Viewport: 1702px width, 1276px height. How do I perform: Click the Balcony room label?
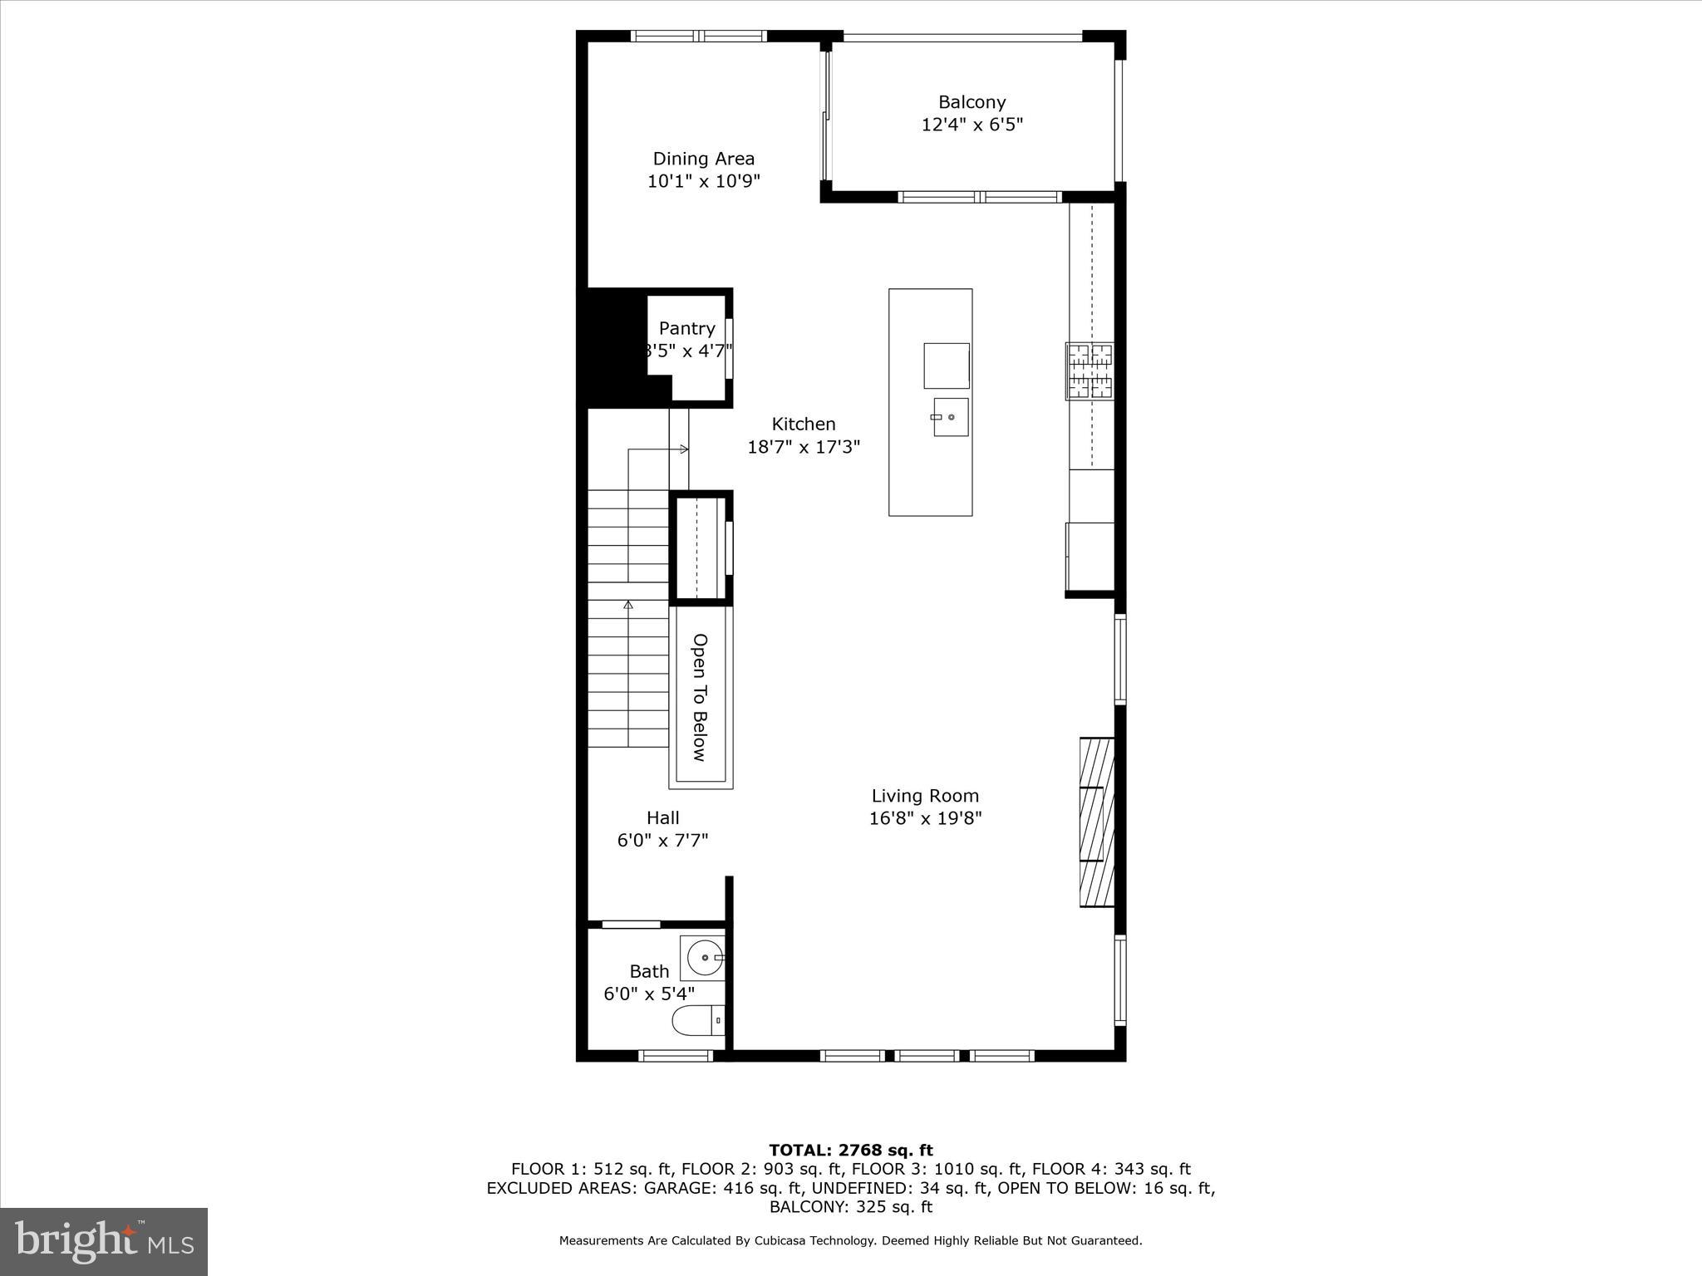pos(972,102)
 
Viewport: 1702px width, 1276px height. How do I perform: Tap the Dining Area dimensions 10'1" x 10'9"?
pos(704,181)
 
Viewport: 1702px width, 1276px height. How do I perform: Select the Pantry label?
pos(686,328)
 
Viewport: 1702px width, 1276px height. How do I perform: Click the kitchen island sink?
pos(950,416)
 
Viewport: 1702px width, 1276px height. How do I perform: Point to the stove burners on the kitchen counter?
pos(1090,371)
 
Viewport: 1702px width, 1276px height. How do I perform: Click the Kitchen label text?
pos(803,424)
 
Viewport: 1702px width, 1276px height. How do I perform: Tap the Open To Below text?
pos(701,697)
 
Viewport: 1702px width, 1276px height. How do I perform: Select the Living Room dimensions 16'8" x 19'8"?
pos(925,818)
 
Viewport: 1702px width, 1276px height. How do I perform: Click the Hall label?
pos(662,817)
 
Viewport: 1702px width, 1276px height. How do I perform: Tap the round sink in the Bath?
pos(704,958)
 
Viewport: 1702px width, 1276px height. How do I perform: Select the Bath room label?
pos(649,971)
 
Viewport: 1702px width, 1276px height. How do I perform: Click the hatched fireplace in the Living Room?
pos(1096,822)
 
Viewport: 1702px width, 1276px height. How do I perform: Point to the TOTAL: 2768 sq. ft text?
pos(850,1151)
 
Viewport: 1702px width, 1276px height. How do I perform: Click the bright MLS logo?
pos(104,1241)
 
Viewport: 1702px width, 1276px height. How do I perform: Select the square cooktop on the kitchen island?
pos(946,366)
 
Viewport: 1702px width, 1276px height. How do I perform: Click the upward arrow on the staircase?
pos(628,605)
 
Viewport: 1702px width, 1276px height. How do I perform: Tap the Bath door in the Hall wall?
pos(631,925)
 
